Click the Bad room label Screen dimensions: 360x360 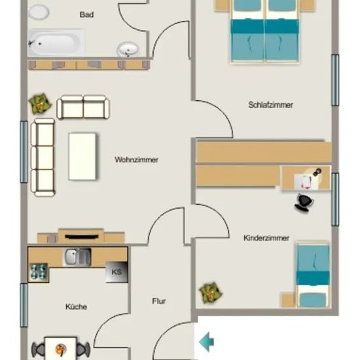coord(86,14)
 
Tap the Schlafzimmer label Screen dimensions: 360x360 coord(271,105)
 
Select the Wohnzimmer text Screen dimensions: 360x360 coord(136,160)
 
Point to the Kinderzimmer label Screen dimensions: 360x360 coord(266,238)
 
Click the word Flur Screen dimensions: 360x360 coord(159,301)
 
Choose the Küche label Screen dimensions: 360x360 coord(76,306)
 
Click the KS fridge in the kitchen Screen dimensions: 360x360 coord(117,272)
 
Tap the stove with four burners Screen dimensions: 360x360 coord(39,272)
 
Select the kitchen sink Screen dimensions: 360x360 coord(77,257)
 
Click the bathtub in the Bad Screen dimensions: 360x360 coord(56,43)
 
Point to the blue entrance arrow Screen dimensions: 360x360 coord(206,342)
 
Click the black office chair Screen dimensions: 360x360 coord(304,202)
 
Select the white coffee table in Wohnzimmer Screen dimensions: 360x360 coord(82,156)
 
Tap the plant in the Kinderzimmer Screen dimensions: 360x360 coord(211,293)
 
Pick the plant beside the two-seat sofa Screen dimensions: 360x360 coord(40,103)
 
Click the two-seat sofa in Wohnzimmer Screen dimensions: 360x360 coord(83,107)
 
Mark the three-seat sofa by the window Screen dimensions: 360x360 coord(43,158)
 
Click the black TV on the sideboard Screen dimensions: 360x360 coord(82,237)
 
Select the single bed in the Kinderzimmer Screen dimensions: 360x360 coord(313,275)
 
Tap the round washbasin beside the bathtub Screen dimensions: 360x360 coord(128,49)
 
